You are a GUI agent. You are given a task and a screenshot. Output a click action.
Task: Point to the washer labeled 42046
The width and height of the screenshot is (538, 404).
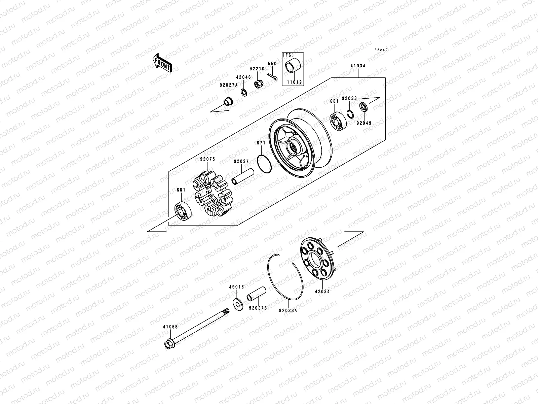[x=245, y=92]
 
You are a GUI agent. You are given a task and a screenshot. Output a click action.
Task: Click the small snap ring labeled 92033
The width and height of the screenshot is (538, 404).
[x=350, y=114]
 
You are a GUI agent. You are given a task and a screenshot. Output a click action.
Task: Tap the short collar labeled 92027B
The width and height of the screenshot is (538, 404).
[x=257, y=293]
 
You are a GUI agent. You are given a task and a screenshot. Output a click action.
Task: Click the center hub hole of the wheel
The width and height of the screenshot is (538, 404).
[x=293, y=147]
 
